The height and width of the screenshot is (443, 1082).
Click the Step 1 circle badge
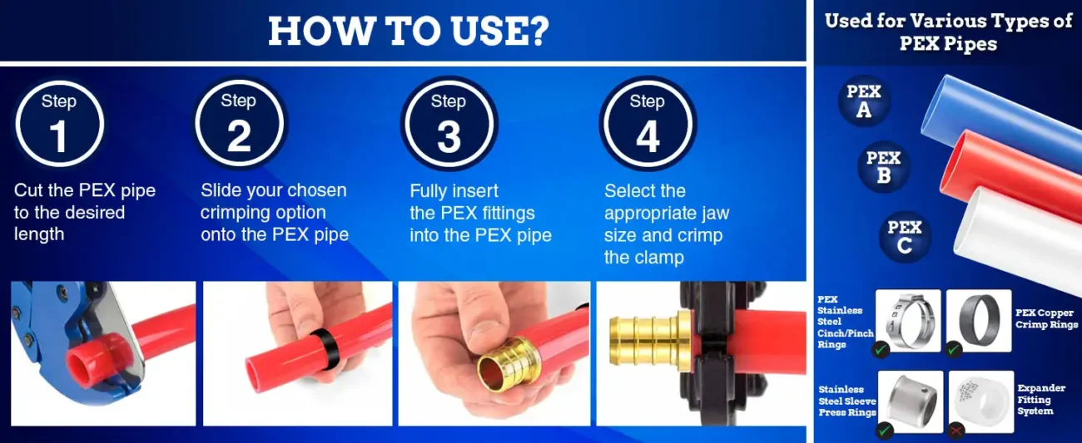tap(59, 124)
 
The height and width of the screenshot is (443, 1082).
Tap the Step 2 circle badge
tap(239, 123)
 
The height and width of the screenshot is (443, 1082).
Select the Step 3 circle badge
tap(449, 124)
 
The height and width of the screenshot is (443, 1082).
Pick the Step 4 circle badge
tap(648, 124)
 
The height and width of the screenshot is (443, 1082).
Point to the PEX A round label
tap(864, 101)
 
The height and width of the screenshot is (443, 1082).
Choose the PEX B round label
tap(883, 166)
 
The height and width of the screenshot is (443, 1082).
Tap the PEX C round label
tap(904, 236)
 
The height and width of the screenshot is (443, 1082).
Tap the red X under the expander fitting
tap(955, 430)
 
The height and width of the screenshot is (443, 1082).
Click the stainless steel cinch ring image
tap(908, 320)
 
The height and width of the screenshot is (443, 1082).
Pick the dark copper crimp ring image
tap(979, 320)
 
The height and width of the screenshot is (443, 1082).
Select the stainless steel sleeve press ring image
tap(910, 401)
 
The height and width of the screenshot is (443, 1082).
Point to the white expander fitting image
tap(981, 401)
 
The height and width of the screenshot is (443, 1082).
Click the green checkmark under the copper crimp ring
tap(954, 349)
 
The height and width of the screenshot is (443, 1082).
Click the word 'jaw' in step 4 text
tap(713, 214)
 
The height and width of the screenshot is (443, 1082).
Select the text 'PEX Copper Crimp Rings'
tap(1046, 319)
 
